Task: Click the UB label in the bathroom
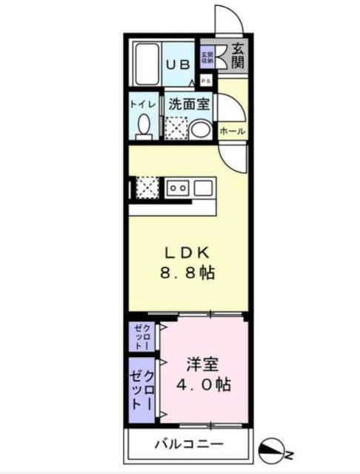(x=176, y=64)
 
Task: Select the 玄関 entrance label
(x=237, y=56)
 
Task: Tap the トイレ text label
(x=143, y=104)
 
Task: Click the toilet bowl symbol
(x=144, y=126)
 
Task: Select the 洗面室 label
(x=188, y=104)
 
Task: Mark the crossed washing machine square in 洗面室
(x=176, y=129)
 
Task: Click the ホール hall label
(x=232, y=131)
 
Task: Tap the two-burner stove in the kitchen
(x=177, y=187)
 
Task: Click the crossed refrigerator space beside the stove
(x=147, y=187)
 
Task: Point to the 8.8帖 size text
(x=188, y=273)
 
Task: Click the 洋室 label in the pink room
(x=202, y=364)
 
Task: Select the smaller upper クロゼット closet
(x=144, y=336)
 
